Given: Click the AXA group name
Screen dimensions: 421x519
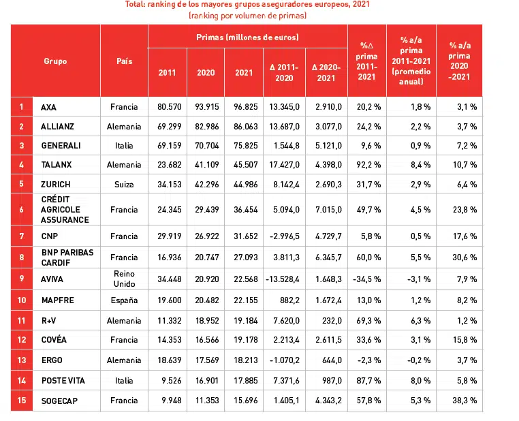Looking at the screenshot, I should (48, 107).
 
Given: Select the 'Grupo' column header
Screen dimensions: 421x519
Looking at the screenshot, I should (55, 61).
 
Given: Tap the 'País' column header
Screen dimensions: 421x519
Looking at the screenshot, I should (124, 61).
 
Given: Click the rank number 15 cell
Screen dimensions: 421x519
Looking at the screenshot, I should (22, 401).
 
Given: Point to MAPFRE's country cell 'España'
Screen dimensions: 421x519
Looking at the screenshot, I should (124, 300).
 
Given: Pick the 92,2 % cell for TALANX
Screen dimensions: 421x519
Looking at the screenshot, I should (366, 165).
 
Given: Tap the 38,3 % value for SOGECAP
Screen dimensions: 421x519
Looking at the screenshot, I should (463, 401).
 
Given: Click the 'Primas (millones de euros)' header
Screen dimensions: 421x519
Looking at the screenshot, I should (247, 37).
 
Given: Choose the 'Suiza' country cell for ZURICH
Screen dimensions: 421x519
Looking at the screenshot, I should (124, 185).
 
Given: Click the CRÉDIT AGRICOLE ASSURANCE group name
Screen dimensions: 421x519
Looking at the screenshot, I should (65, 210).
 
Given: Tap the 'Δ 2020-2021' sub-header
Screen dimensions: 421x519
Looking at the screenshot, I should (326, 72).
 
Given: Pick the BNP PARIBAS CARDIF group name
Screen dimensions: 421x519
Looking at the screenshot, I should (67, 258).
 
